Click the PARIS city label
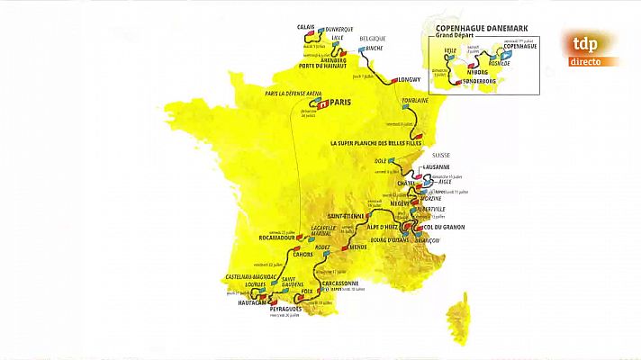point(339,103)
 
